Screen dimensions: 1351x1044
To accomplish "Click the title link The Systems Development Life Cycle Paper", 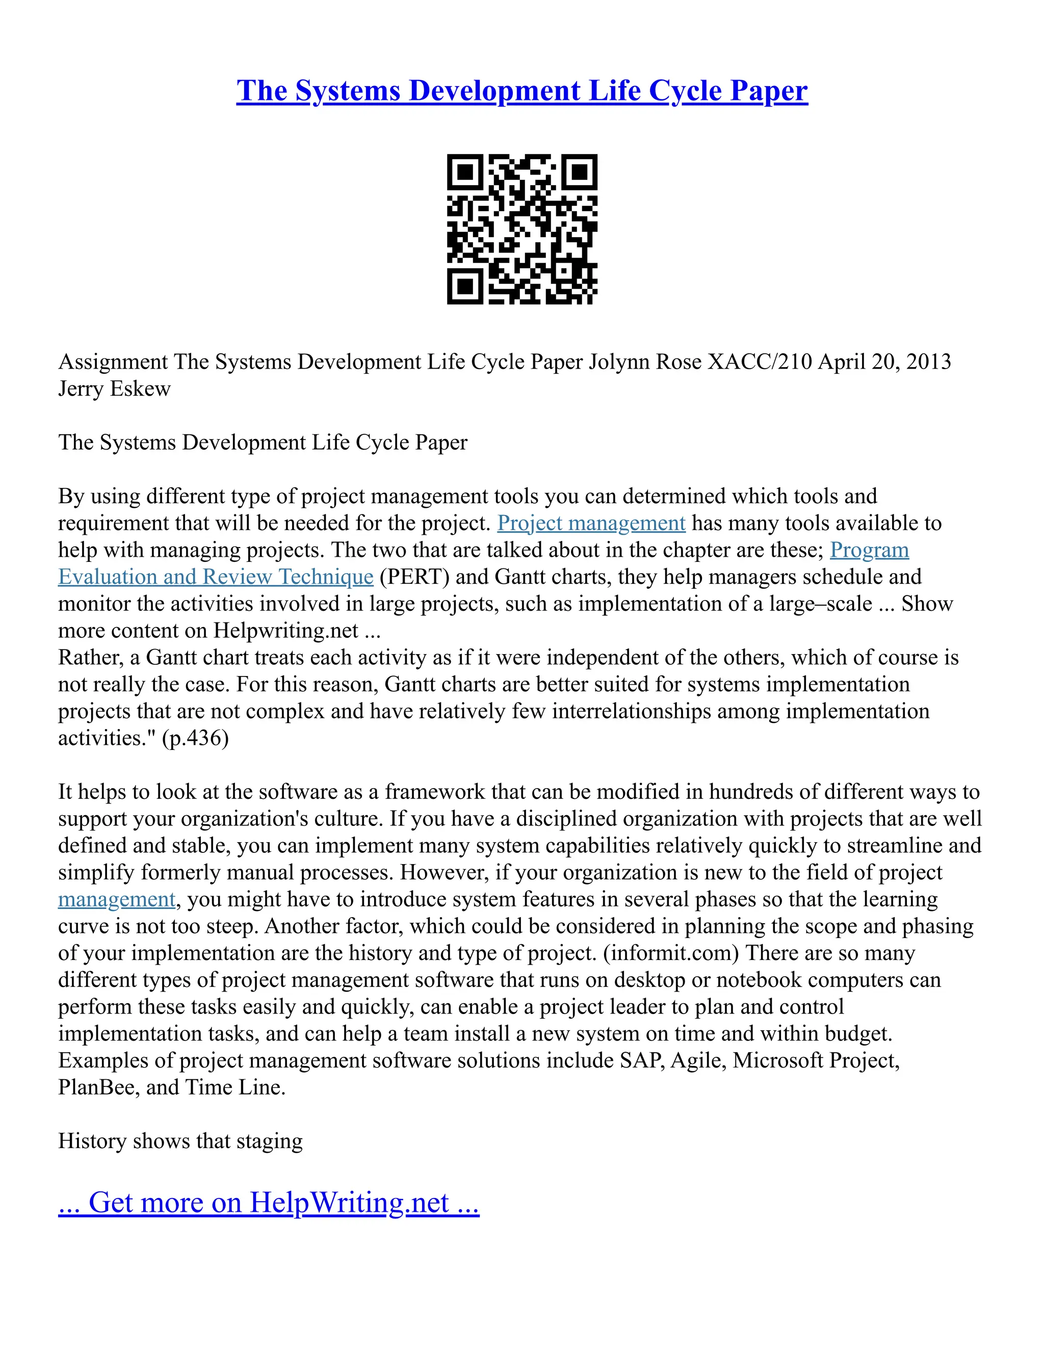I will [x=522, y=90].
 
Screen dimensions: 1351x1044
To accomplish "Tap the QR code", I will [x=522, y=229].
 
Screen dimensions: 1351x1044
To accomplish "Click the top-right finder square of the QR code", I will [x=580, y=172].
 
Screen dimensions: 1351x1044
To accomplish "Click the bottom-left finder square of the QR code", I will [x=464, y=287].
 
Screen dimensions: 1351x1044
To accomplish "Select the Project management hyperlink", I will [x=591, y=524].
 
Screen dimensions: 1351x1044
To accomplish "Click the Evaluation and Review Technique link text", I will [x=216, y=577].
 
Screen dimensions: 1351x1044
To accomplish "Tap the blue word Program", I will [x=869, y=550].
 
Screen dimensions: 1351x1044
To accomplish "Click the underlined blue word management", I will [x=117, y=899].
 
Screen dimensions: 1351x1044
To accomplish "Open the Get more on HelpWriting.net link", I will [x=269, y=1203].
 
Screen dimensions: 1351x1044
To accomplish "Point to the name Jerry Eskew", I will [x=114, y=389].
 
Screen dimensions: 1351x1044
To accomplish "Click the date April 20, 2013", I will [x=884, y=362].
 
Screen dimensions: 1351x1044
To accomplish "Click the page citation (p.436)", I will [x=195, y=738].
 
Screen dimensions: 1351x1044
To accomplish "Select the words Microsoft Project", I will [x=815, y=1061].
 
